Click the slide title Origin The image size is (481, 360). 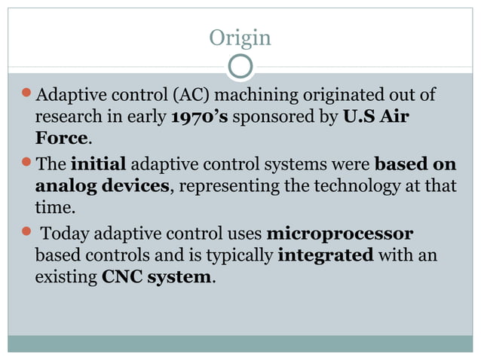(240, 37)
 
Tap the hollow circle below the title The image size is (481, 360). (240, 67)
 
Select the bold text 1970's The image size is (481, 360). (200, 117)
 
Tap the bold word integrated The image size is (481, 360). (325, 255)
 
